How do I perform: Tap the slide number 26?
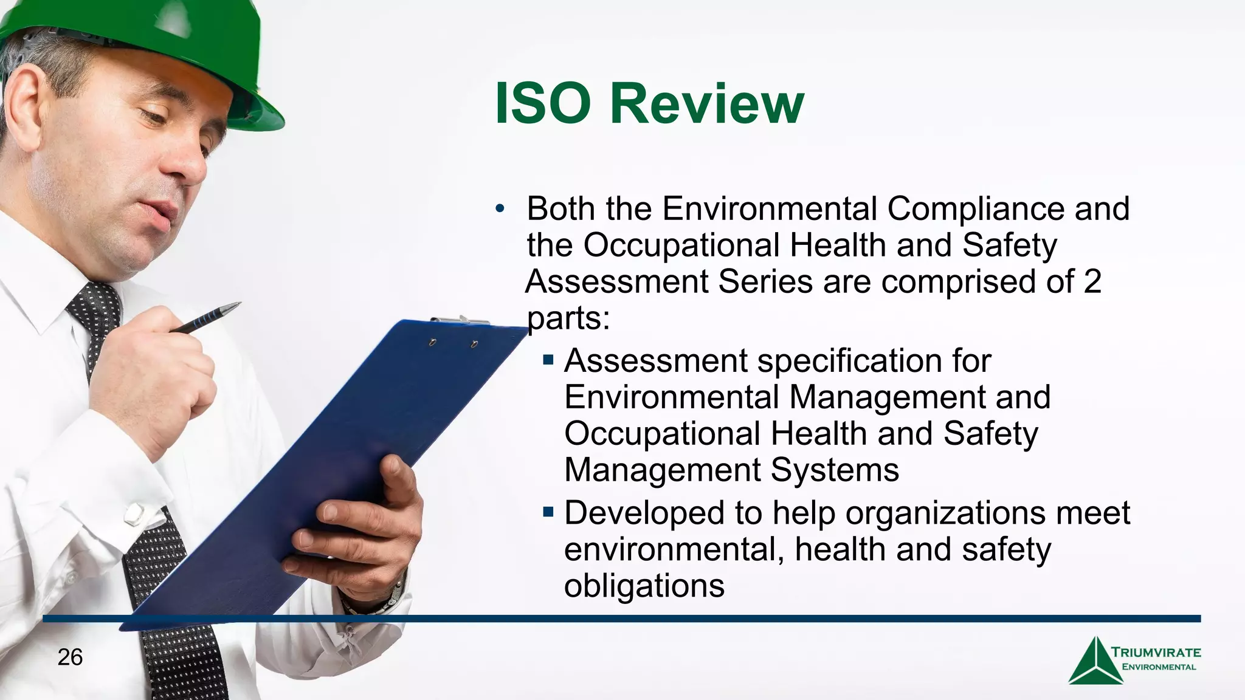pos(70,657)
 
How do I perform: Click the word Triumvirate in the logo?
pos(1156,653)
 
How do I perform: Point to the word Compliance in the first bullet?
pos(975,208)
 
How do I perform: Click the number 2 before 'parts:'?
pos(1092,281)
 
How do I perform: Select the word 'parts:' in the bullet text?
pos(568,318)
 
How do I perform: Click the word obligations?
pos(644,585)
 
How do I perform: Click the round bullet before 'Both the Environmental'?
pos(500,210)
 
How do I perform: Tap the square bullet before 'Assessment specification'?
pos(548,360)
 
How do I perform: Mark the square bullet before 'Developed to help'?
pos(548,512)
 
